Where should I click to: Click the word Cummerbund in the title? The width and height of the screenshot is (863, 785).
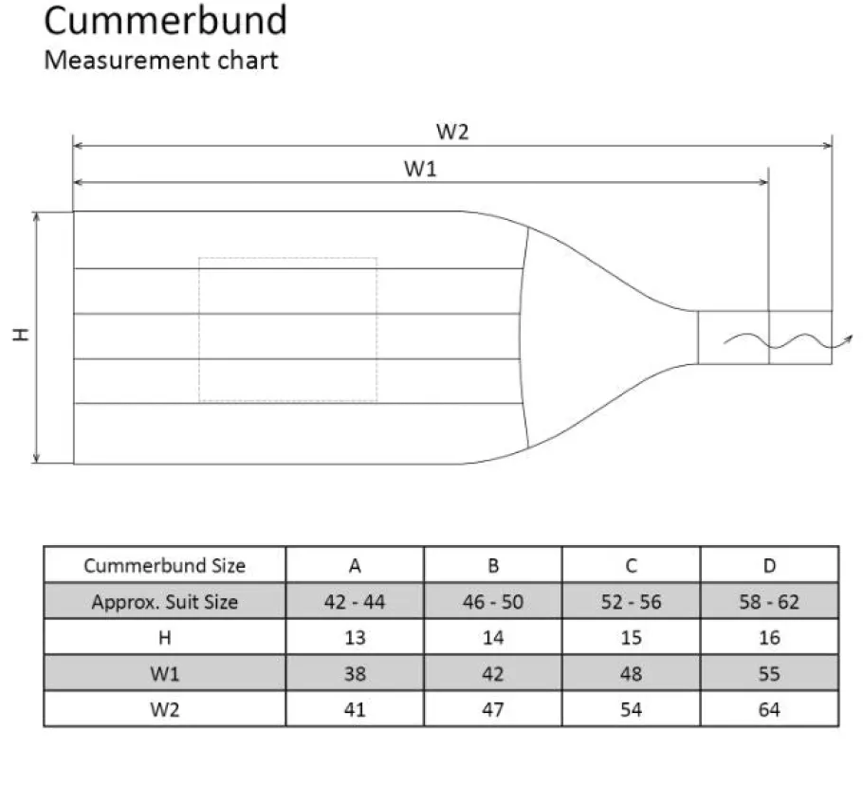click(x=165, y=21)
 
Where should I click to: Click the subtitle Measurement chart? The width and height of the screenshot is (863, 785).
click(x=160, y=60)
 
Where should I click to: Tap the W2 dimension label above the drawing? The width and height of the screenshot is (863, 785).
click(x=452, y=132)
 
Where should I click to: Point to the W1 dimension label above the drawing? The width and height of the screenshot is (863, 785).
click(x=420, y=169)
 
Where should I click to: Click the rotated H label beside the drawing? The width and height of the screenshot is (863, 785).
click(x=20, y=335)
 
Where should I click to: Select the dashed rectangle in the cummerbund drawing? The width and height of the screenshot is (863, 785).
click(x=199, y=330)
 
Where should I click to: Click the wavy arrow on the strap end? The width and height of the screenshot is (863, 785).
click(x=788, y=341)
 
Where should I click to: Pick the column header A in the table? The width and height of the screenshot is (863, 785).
click(x=355, y=565)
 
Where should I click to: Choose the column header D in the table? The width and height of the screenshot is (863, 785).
click(x=769, y=565)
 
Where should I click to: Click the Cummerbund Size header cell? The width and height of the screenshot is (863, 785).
click(x=165, y=565)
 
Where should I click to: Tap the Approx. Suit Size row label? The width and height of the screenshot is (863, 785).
click(x=165, y=602)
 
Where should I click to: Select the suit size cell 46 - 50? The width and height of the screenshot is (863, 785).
click(x=492, y=602)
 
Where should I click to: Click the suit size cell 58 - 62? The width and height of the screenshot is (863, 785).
click(x=769, y=602)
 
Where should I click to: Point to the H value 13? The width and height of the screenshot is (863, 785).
click(x=355, y=637)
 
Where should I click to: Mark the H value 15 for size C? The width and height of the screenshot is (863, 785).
click(x=632, y=637)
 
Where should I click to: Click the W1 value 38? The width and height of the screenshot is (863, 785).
click(x=355, y=674)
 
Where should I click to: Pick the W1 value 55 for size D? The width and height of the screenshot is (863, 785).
click(x=769, y=674)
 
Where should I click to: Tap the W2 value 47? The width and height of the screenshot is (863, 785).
click(x=492, y=710)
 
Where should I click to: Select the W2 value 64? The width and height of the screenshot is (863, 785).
click(x=769, y=710)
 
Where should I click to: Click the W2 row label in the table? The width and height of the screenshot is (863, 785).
click(x=165, y=710)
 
